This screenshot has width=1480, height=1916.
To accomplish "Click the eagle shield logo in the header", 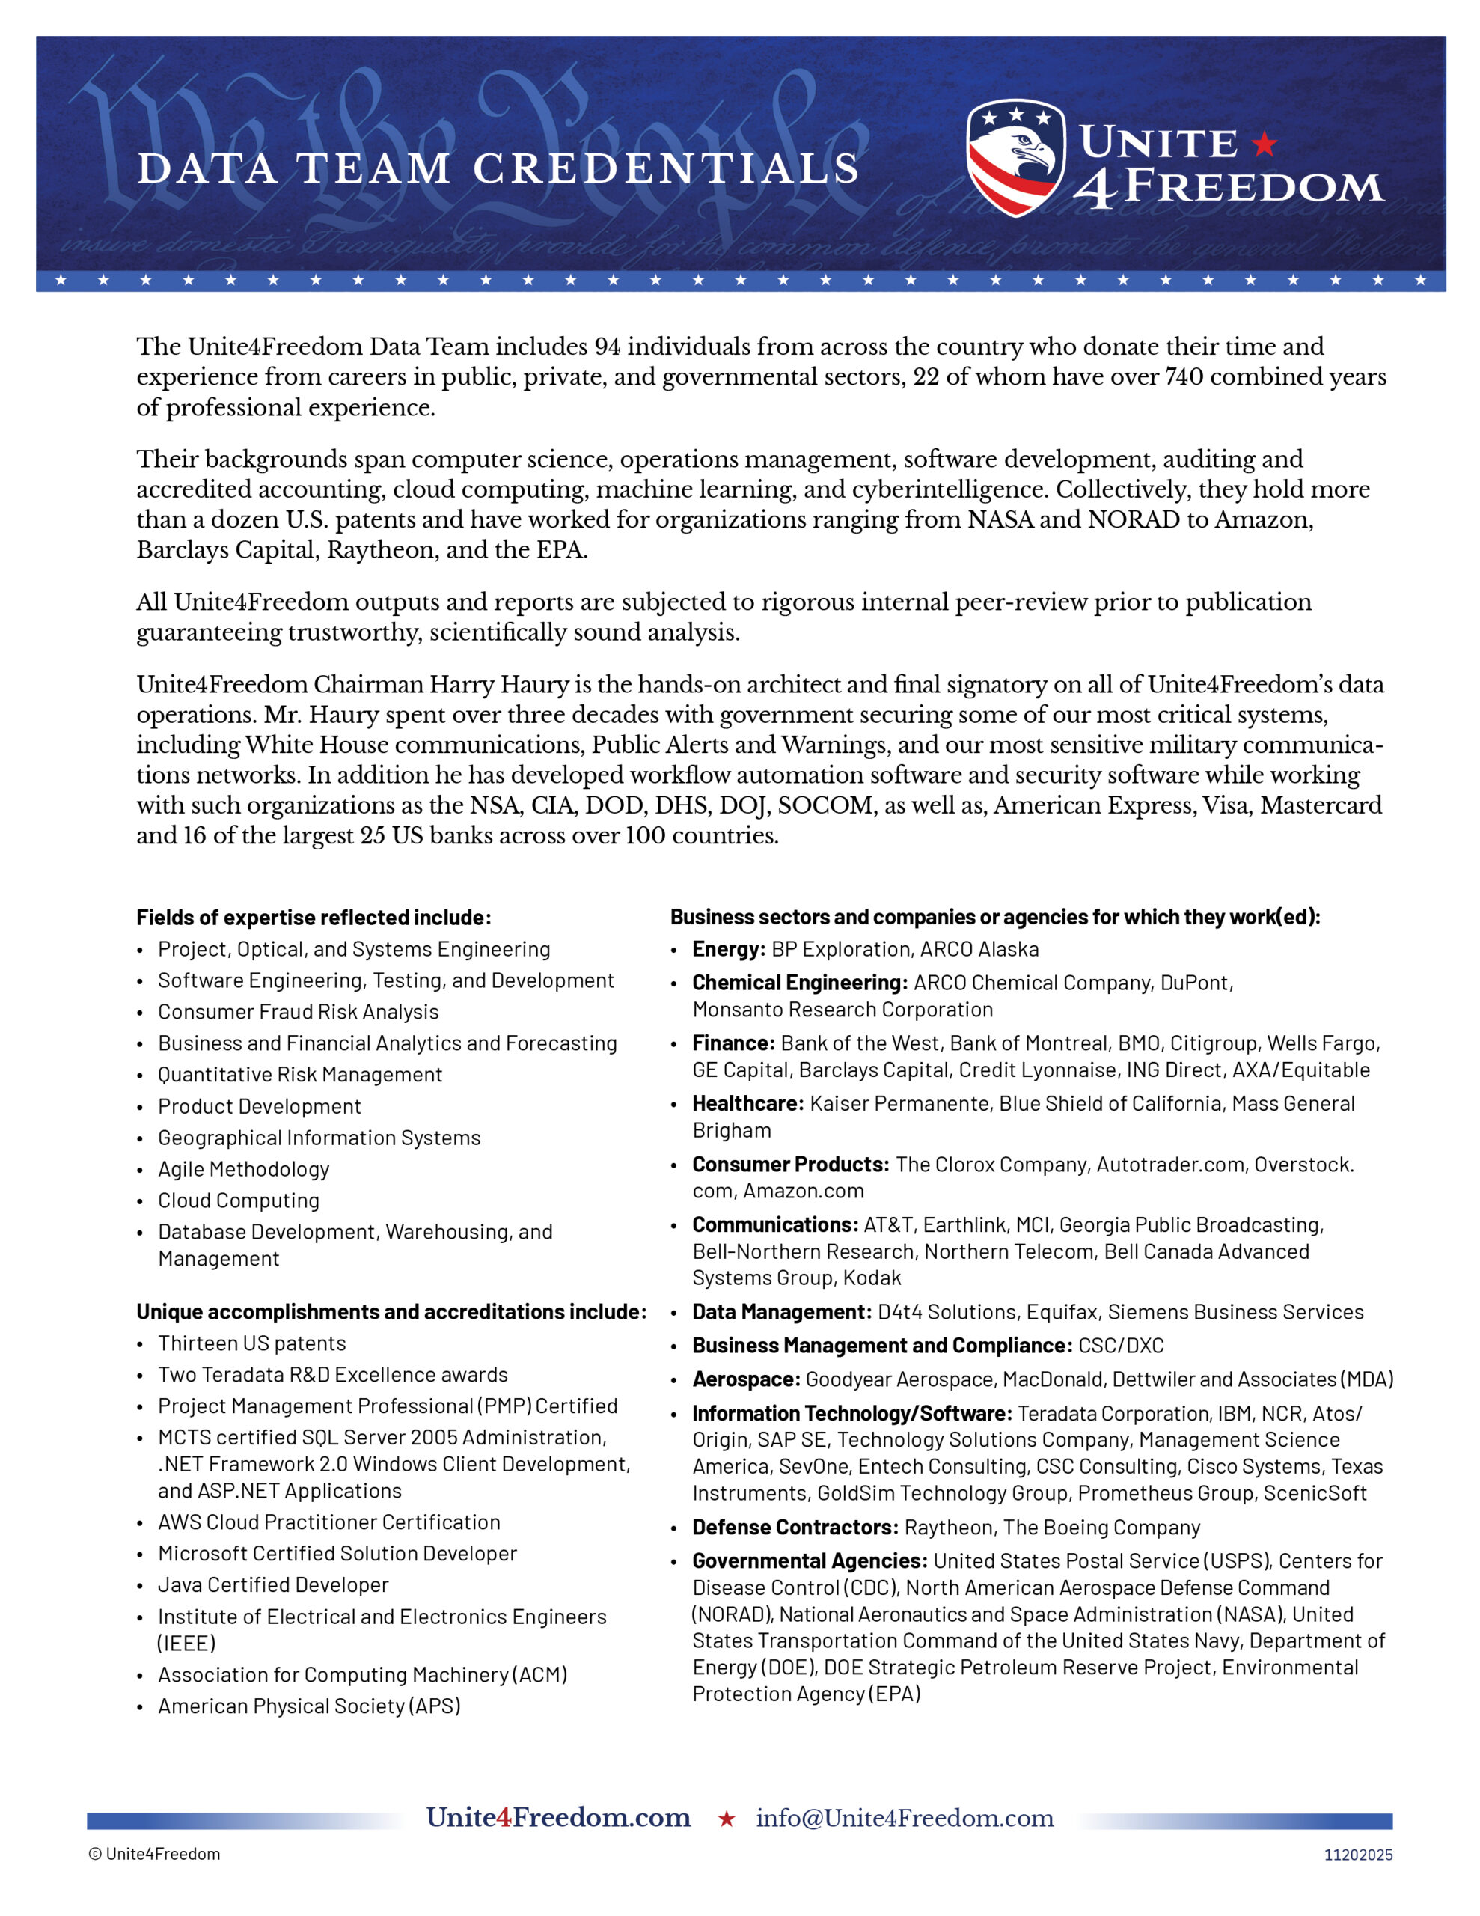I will pos(1015,158).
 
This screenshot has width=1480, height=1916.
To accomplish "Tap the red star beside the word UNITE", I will pos(1265,143).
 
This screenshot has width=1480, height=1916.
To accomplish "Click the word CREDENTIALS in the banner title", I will pos(667,168).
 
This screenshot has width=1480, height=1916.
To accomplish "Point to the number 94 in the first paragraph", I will pos(607,347).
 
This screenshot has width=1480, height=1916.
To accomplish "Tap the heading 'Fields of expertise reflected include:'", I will pos(314,918).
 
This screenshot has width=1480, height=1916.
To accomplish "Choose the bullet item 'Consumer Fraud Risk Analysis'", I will pos(299,1012).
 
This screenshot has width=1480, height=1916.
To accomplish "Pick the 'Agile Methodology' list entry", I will pos(244,1168).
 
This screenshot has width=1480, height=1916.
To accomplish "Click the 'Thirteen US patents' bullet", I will pos(252,1343).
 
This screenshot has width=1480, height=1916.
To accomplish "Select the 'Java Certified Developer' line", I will pos(273,1584).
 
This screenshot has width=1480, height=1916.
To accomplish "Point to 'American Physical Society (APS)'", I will pos(309,1706).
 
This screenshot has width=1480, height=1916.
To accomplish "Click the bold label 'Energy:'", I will pos(729,949).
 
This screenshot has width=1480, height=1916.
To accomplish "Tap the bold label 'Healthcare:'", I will pos(747,1104).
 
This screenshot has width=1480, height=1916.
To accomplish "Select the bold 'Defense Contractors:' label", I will pos(795,1528).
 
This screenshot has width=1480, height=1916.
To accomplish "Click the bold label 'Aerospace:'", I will pos(746,1379).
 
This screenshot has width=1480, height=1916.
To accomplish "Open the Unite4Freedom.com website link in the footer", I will pos(558,1817).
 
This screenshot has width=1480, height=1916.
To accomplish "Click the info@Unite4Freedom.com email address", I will pos(905,1818).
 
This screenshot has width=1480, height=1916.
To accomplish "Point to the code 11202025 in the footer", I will pos(1358,1855).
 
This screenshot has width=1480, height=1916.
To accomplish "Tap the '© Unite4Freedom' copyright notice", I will pos(154,1854).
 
